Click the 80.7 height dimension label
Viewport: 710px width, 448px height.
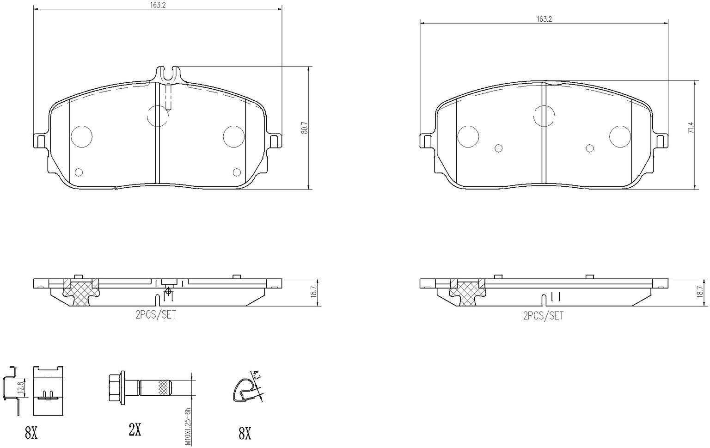pos(305,128)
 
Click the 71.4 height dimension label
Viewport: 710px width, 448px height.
pos(691,128)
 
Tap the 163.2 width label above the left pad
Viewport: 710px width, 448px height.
pos(158,5)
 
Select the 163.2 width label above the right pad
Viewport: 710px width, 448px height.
pos(544,19)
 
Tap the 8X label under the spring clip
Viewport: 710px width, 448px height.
pos(245,433)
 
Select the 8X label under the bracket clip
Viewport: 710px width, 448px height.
pos(31,433)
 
